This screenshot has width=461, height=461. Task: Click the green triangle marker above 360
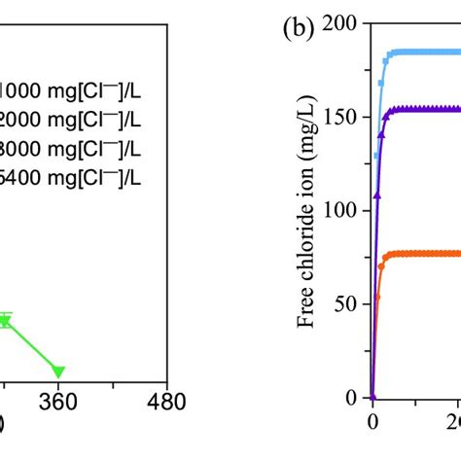coord(58,371)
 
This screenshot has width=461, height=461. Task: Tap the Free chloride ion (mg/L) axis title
coord(308,209)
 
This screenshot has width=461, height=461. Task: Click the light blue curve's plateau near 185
coord(428,53)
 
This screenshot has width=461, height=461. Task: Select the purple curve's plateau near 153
coord(428,110)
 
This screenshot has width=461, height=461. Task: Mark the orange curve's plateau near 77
coord(428,254)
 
